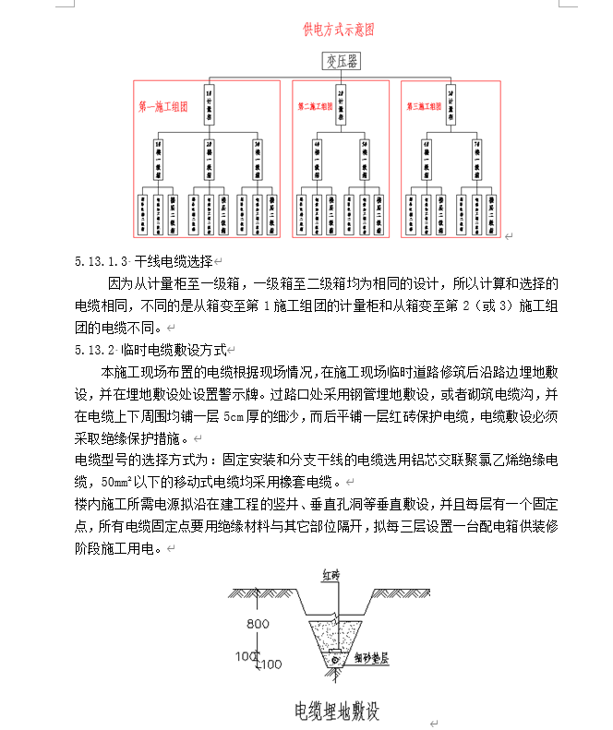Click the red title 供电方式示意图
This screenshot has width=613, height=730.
coord(339,30)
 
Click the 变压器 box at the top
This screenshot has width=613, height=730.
coord(341,62)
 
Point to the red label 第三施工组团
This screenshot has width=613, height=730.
coord(424,107)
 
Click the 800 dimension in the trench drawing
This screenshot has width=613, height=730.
coord(258,623)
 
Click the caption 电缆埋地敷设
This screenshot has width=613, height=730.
coord(337,712)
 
